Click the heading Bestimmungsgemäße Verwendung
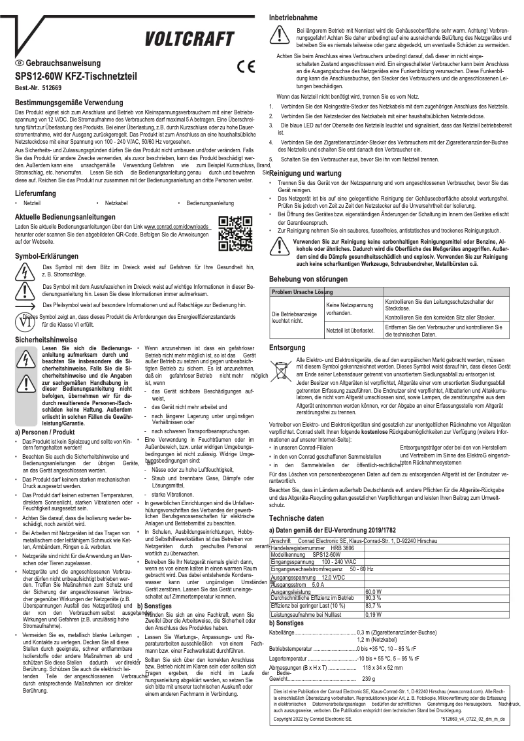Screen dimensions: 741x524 point(69,103)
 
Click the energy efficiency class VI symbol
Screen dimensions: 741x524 point(25,320)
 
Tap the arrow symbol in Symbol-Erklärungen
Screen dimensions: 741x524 point(25,305)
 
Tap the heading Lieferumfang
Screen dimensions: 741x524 point(39,193)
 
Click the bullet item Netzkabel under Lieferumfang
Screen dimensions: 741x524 point(116,204)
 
